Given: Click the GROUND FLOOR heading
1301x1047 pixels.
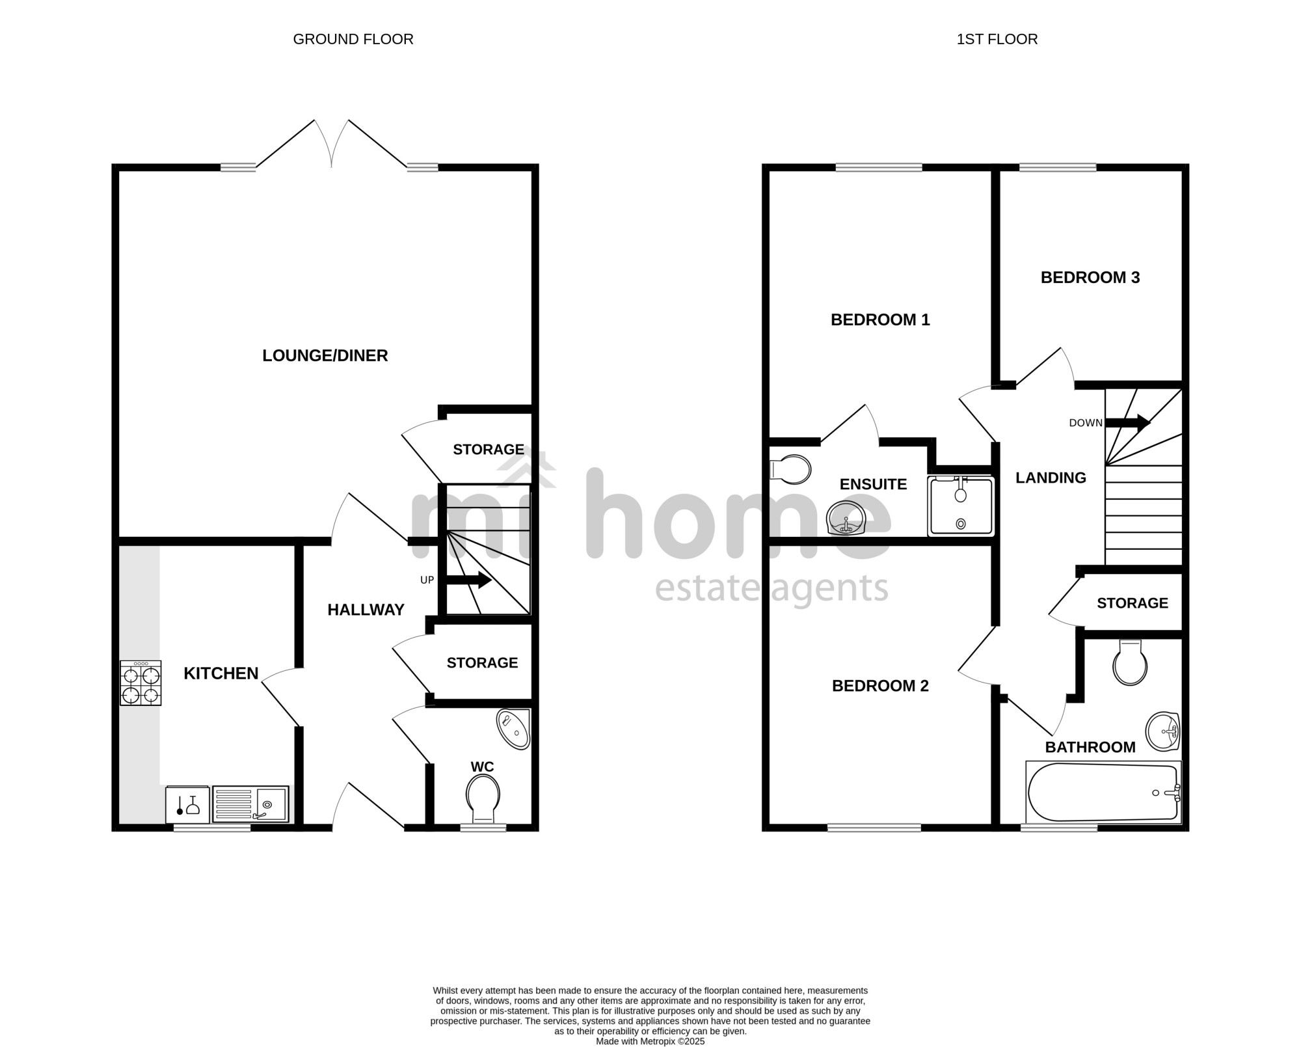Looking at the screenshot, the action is click(x=353, y=39).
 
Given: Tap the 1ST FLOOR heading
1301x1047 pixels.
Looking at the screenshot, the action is click(x=997, y=39).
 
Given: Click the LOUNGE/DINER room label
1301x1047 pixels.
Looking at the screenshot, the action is click(x=325, y=355).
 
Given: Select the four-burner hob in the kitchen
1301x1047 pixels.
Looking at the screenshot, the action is click(x=141, y=683).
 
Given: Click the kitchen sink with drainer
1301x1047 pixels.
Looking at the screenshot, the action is click(x=250, y=805).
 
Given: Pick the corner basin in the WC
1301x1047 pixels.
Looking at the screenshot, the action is click(x=515, y=729).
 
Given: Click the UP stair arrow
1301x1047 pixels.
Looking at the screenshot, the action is click(x=468, y=580).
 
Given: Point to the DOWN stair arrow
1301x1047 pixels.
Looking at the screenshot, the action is click(x=1128, y=423).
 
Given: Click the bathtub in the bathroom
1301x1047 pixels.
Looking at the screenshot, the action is click(x=1103, y=792).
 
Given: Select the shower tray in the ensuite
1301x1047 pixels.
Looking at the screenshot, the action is click(x=961, y=506).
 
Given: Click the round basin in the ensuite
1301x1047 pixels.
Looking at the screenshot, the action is click(x=846, y=519).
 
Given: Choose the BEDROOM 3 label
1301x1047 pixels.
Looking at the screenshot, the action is click(x=1090, y=278).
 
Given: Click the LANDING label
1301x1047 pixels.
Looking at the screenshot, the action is click(x=1051, y=478).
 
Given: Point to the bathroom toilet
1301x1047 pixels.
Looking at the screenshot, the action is click(x=1130, y=662).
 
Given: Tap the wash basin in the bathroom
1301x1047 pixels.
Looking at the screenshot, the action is click(x=1163, y=732).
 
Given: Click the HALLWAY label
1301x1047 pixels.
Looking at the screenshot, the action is click(x=366, y=610).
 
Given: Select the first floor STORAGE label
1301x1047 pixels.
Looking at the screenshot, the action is click(x=1133, y=603).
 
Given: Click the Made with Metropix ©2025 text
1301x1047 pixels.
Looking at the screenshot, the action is click(x=650, y=1041).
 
